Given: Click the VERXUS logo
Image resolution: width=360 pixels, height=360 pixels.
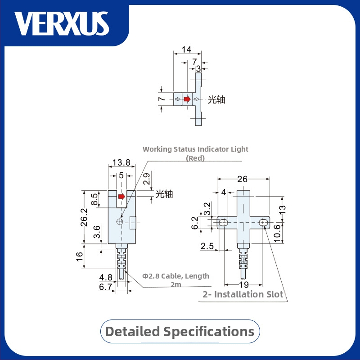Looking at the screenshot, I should tap(62, 23).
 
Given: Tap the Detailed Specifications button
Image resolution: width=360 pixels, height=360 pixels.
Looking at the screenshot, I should tap(180, 332).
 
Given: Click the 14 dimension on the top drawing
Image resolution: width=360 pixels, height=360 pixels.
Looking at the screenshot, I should tap(186, 49).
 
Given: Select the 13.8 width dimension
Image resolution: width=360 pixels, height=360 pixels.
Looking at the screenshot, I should tap(121, 162).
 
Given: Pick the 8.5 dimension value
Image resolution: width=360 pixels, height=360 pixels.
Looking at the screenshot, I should tap(94, 199).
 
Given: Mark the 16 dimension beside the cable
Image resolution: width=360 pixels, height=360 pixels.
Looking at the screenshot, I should tap(79, 257).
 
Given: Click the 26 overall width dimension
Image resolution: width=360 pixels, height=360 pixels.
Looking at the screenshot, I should tap(242, 179).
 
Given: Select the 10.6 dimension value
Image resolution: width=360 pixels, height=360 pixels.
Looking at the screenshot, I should tap(278, 233).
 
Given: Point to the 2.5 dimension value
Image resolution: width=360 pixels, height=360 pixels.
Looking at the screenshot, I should tap(207, 246).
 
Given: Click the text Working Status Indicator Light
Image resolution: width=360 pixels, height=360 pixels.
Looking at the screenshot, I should tap(195, 149).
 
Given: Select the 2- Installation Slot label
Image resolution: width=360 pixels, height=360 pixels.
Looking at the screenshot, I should tap(243, 295).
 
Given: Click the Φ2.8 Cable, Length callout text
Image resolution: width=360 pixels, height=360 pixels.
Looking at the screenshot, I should tap(175, 276).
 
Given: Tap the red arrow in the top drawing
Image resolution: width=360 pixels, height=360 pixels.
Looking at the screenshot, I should tap(187, 99).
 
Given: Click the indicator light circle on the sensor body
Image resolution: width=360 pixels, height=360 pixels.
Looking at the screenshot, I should tap(119, 221).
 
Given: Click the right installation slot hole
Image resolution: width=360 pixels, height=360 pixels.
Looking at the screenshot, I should tap(263, 222).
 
